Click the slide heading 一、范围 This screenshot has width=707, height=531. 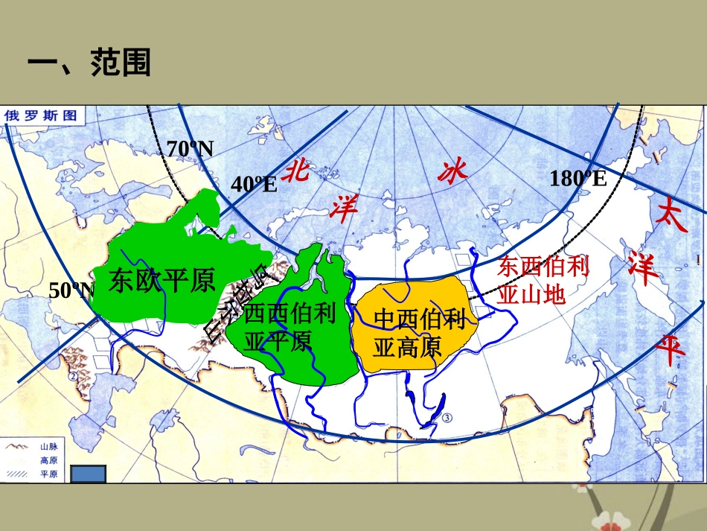tap(89, 63)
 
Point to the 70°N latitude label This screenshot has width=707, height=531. tap(191, 149)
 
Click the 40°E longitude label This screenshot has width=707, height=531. tap(254, 184)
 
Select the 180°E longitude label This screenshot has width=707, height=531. tap(578, 178)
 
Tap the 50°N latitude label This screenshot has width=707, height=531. tap(72, 290)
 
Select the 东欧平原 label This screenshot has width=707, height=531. tap(161, 280)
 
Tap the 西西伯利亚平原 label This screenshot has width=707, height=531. tap(289, 328)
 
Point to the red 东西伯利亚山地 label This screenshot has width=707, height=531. tap(543, 280)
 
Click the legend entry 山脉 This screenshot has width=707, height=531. tap(47, 446)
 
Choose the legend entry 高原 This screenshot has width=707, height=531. tap(47, 460)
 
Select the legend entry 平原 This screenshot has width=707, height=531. tap(47, 474)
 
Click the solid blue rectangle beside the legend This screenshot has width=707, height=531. tap(89, 474)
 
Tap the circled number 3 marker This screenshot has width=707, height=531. tap(447, 419)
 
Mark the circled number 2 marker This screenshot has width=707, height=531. tap(73, 377)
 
